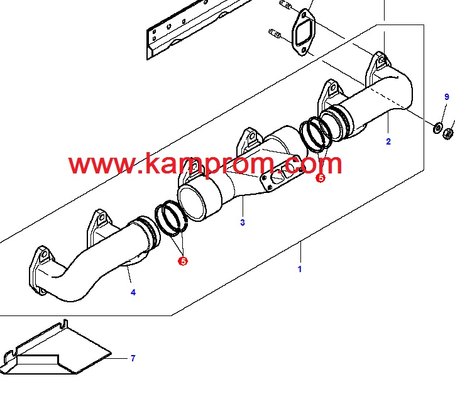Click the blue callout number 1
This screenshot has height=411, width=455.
(300, 269)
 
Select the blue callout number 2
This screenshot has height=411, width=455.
(388, 141)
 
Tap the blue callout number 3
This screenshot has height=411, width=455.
(243, 222)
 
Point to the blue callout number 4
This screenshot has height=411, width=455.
(133, 292)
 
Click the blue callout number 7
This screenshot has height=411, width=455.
(133, 358)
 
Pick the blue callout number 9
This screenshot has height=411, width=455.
(447, 97)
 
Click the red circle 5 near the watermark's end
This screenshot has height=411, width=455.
(321, 178)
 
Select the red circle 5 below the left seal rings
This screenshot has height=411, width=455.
(183, 261)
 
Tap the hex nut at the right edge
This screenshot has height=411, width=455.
(448, 133)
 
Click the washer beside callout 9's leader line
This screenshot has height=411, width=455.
(437, 128)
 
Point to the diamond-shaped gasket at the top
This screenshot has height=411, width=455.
(304, 32)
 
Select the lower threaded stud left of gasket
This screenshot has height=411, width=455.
(275, 33)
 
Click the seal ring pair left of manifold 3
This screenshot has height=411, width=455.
(171, 217)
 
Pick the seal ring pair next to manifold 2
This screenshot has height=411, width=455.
(316, 133)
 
